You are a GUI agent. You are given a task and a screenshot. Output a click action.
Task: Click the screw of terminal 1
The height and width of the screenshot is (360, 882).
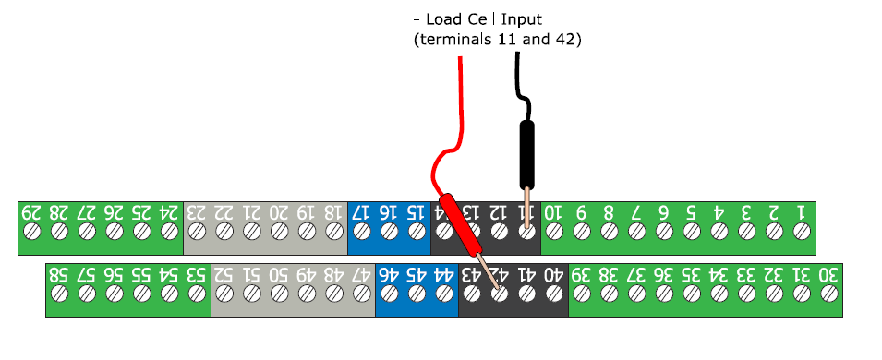(800, 234)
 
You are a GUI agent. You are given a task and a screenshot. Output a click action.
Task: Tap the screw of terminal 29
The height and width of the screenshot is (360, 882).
(32, 234)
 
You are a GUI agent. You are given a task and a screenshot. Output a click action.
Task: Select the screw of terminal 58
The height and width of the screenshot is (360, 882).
(60, 295)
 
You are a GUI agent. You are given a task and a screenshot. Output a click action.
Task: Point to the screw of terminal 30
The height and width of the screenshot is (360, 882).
(828, 295)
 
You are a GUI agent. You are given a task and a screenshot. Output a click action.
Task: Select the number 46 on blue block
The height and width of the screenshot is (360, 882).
(389, 274)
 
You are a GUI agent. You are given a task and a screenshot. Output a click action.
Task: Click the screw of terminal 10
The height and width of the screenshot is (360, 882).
(553, 234)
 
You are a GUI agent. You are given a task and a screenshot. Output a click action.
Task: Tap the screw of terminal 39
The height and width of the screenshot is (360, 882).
(581, 295)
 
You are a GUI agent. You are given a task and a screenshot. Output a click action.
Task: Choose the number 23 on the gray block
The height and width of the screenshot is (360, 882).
(197, 212)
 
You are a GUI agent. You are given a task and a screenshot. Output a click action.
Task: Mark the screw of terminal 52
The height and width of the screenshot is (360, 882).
(224, 295)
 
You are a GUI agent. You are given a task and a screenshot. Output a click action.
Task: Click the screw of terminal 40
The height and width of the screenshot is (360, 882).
(553, 295)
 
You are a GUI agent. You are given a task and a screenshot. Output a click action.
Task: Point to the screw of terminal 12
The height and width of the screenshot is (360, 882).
(499, 234)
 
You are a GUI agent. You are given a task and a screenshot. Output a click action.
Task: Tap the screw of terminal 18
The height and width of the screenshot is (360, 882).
(333, 234)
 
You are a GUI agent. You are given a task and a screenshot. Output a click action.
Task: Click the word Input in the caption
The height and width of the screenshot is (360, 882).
(537, 18)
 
